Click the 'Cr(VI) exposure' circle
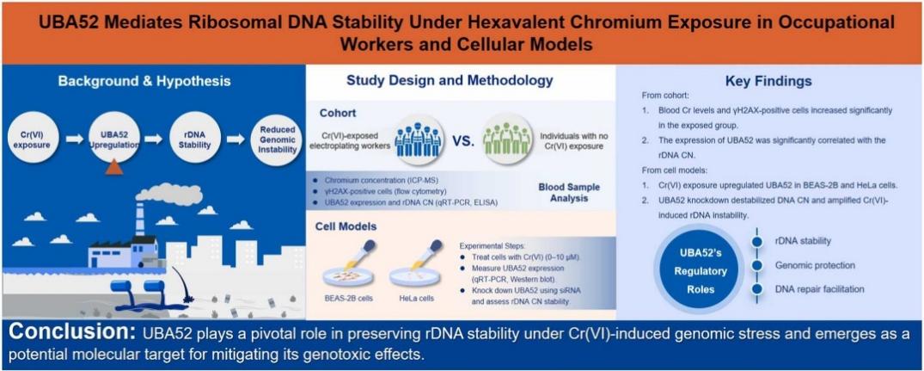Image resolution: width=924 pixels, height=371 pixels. click(x=29, y=139)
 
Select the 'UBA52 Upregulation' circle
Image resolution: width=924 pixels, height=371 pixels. click(x=110, y=139)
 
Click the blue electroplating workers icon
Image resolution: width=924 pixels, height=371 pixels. click(x=418, y=139)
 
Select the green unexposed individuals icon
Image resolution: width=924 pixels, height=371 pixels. click(x=505, y=139)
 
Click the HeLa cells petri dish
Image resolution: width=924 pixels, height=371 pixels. click(x=417, y=275)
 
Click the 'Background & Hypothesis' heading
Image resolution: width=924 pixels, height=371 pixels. click(x=144, y=81)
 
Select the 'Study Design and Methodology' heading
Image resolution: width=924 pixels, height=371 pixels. click(x=450, y=80)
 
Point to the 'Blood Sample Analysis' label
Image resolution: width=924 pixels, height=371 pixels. click(x=560, y=193)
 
